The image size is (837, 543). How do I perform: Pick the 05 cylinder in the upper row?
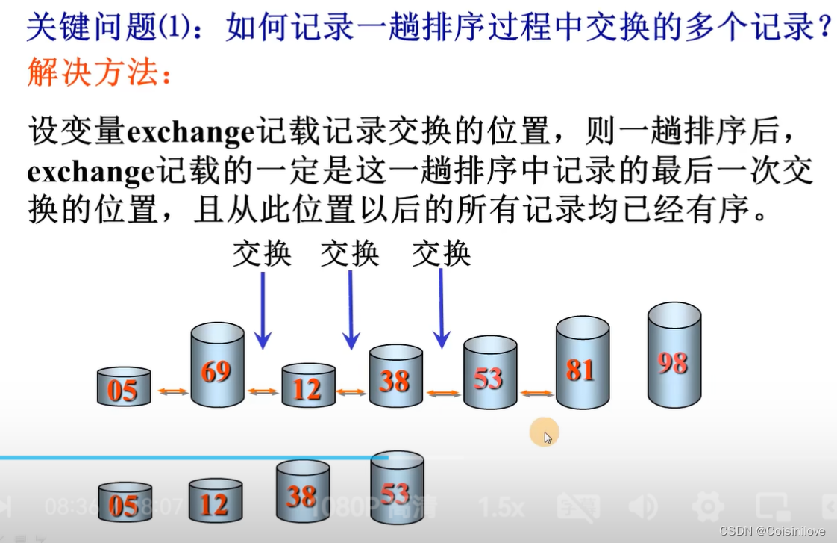coord(124,387)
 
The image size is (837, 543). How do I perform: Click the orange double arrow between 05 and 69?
coord(172,391)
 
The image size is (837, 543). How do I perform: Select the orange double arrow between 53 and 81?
coord(536,394)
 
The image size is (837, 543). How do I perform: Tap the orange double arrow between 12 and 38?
coord(351,391)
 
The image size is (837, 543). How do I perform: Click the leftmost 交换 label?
coord(262,254)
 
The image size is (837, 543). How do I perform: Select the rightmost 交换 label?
coord(442,254)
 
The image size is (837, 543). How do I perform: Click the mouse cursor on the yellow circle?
coord(548,435)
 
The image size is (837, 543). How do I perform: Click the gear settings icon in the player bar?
coord(708,508)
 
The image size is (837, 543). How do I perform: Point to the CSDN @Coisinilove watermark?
coord(775,531)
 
